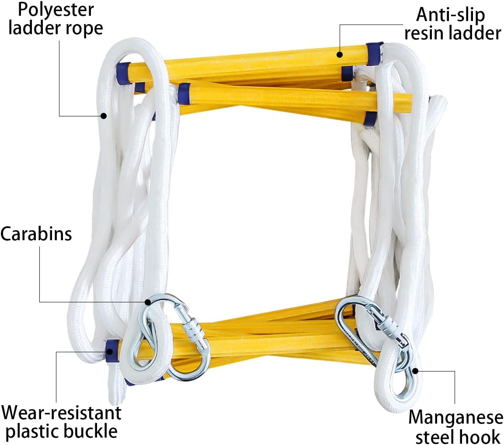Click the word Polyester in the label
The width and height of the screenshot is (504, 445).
(x=56, y=10)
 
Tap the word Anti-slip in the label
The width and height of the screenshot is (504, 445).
(x=450, y=15)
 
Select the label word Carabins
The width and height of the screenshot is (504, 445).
(x=36, y=234)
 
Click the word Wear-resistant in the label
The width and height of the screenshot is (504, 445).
(x=61, y=413)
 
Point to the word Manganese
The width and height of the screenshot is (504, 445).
(x=456, y=417)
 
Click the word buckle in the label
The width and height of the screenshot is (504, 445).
(x=90, y=431)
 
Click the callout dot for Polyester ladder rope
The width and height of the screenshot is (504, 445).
(x=104, y=116)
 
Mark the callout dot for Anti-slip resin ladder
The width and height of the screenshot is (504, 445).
(x=340, y=54)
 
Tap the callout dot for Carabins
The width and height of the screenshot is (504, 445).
(x=148, y=302)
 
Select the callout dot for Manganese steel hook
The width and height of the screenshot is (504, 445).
(x=415, y=371)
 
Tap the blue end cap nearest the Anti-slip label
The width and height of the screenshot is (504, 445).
(x=375, y=53)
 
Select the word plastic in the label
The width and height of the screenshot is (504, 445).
(x=32, y=432)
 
